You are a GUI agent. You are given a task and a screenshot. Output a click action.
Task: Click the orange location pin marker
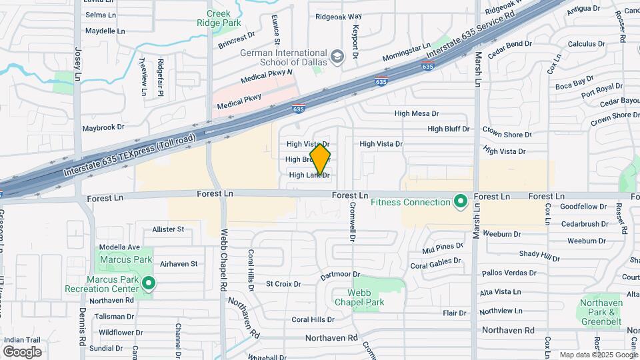click(x=320, y=159)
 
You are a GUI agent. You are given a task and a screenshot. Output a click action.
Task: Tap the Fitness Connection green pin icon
click(x=459, y=202)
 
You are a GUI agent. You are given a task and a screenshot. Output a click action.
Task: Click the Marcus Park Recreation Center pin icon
click(x=150, y=285)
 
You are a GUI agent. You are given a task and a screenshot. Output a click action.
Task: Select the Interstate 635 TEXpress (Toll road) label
click(x=129, y=155)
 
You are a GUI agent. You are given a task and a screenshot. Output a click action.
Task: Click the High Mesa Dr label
click(x=416, y=114)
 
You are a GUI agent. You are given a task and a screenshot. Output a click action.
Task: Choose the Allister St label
click(x=168, y=229)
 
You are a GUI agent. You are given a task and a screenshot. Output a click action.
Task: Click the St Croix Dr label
click(x=283, y=284)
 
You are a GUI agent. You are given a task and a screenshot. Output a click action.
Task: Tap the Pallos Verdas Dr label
click(x=509, y=273)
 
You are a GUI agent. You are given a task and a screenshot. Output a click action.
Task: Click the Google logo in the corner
click(x=22, y=351)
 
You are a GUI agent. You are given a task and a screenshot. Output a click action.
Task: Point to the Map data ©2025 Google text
click(x=597, y=355)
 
